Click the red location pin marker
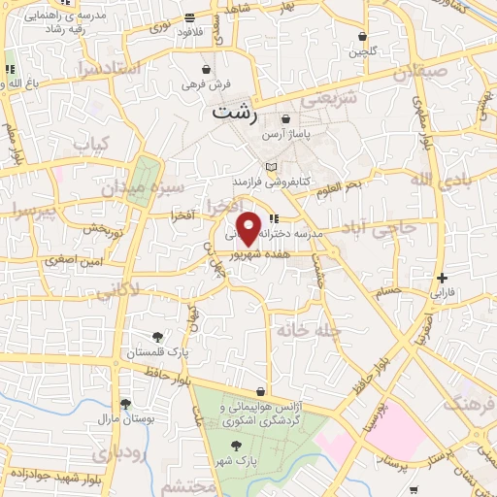(x=249, y=227)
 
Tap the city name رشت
(x=237, y=113)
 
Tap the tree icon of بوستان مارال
(x=124, y=404)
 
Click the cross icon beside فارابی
(x=442, y=278)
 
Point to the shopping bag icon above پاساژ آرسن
(x=285, y=118)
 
